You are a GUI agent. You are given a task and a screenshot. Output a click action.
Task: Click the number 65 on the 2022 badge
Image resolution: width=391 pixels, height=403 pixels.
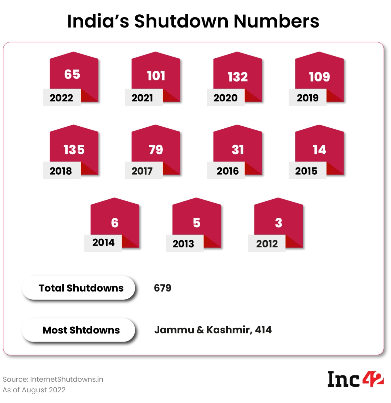[72, 74]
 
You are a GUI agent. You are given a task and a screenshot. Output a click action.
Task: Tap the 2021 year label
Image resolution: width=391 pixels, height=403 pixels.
[142, 98]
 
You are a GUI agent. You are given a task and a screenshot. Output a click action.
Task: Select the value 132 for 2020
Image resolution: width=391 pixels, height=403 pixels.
[237, 77]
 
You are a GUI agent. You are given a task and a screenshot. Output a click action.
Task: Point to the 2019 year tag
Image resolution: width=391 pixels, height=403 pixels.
[307, 98]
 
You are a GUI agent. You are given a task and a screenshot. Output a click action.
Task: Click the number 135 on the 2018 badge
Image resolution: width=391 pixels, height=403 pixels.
[74, 150]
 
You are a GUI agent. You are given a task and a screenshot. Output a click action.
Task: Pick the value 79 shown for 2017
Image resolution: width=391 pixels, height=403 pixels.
[156, 150]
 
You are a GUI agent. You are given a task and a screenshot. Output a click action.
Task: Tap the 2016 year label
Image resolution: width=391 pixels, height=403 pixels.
[227, 171]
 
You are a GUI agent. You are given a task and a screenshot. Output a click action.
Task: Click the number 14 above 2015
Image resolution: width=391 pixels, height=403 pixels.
[319, 150]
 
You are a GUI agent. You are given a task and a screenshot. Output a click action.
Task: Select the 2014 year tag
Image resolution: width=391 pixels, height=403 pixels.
[103, 242]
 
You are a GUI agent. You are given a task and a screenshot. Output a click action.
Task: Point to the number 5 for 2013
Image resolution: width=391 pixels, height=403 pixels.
[197, 223]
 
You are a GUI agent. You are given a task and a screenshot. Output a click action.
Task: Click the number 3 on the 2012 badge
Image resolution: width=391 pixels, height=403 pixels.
[279, 223]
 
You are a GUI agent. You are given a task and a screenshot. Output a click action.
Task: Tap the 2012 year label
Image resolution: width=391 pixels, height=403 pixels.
[267, 244]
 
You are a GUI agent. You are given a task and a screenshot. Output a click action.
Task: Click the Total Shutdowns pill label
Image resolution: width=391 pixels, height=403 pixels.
[81, 288]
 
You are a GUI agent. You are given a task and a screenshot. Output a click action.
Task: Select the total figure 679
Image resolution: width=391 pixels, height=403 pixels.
[162, 288]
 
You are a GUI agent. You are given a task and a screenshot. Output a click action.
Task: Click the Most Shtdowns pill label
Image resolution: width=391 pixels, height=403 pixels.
[81, 330]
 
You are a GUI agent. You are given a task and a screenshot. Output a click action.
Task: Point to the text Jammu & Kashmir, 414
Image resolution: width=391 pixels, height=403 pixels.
[213, 330]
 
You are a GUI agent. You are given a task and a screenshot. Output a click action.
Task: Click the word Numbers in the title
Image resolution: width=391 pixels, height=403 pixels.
[276, 21]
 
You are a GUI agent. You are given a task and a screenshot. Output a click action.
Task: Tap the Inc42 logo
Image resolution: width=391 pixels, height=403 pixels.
[355, 379]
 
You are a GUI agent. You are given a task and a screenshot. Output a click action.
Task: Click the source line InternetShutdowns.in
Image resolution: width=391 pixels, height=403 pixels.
[53, 379]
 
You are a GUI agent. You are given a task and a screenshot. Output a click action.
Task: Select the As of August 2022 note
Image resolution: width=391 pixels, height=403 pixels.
[34, 390]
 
